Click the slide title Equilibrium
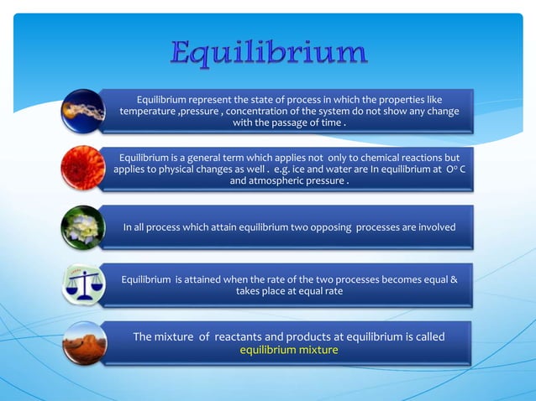[269, 54]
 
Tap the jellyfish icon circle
[84, 111]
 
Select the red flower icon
[84, 168]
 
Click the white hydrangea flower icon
[84, 227]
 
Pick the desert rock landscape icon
[84, 342]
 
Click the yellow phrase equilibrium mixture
[289, 350]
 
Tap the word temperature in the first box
[148, 112]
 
